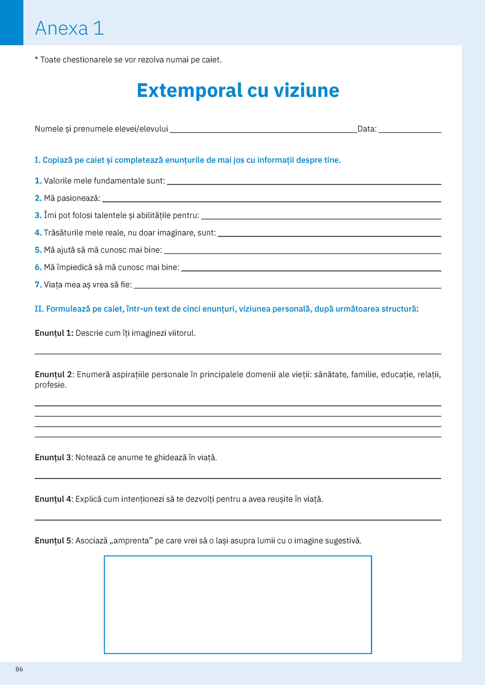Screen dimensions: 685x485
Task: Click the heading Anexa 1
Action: (69, 28)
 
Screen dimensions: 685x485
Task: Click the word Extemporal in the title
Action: (189, 90)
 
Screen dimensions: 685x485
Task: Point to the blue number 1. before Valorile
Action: (38, 181)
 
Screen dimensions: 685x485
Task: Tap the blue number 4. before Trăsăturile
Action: (38, 233)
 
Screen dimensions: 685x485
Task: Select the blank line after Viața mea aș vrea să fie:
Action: (287, 286)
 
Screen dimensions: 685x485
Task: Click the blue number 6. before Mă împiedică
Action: (38, 267)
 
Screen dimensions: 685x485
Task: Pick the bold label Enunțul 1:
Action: (54, 333)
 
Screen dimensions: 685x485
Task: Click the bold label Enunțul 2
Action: (53, 375)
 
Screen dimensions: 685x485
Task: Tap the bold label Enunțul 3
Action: (53, 457)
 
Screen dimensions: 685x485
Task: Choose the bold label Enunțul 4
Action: (53, 499)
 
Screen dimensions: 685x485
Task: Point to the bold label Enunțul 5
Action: (53, 541)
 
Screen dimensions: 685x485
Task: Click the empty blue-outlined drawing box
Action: (238, 605)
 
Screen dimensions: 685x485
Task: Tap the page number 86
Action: (19, 669)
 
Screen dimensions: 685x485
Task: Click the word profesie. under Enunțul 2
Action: (50, 385)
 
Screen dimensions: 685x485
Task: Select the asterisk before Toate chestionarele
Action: (36, 59)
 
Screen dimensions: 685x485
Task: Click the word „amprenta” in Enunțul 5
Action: (131, 541)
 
